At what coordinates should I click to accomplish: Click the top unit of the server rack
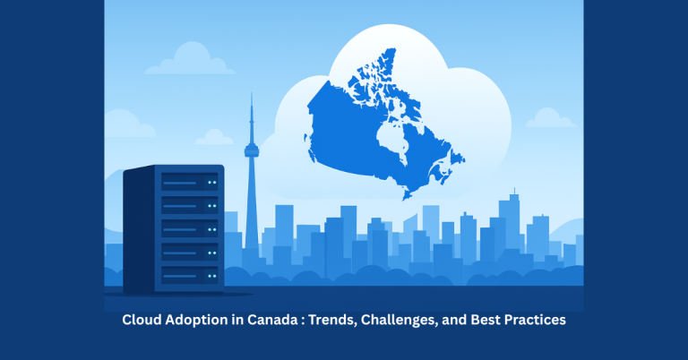[188, 183]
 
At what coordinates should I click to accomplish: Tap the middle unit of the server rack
[188, 227]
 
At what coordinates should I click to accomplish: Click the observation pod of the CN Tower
[252, 143]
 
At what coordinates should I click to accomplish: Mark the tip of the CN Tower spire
[252, 96]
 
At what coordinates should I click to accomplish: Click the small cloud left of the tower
[213, 137]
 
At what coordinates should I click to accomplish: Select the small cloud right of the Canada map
[548, 118]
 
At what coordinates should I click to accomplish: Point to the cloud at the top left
[185, 60]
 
